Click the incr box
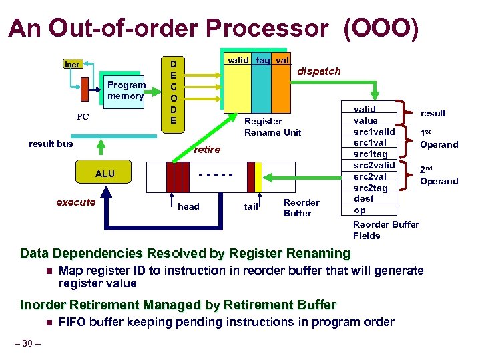tap(72, 65)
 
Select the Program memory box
tap(125, 90)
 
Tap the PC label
tap(83, 117)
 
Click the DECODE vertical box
tap(173, 92)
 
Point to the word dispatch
tap(318, 71)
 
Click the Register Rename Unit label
tap(272, 126)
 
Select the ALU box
tap(105, 174)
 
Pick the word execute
tap(75, 202)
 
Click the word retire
tap(207, 150)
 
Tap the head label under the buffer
tap(188, 206)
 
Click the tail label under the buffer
tap(251, 206)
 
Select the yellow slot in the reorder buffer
tap(259, 176)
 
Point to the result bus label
tap(51, 144)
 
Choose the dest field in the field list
tap(364, 199)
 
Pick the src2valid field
tap(374, 165)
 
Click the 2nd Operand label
tap(439, 176)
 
